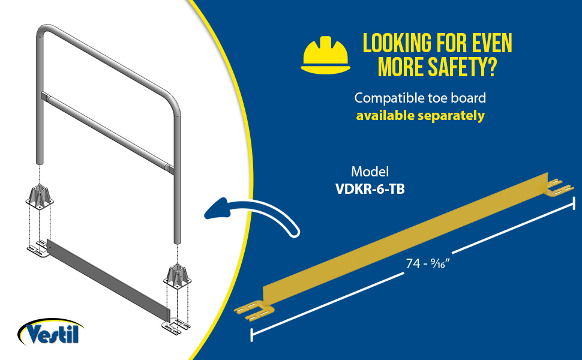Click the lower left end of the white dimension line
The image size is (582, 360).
tap(252, 335)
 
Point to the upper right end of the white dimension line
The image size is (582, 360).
tap(574, 203)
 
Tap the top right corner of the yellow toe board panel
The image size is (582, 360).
tap(548, 173)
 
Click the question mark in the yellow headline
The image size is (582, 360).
tap(491, 67)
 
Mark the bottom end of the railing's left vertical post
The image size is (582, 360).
tap(40, 163)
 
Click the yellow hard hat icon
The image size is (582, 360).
tap(326, 55)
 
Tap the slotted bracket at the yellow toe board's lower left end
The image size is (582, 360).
tap(254, 311)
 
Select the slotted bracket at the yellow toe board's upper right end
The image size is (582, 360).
tap(559, 187)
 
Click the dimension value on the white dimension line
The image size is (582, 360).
tap(428, 263)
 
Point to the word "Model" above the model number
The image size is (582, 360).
tap(370, 172)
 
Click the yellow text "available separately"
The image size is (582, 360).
tap(420, 115)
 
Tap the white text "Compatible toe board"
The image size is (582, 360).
tap(420, 98)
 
